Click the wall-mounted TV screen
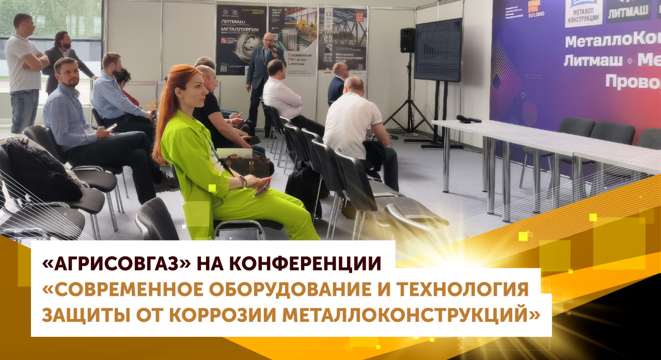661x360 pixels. pyautogui.click(x=438, y=50)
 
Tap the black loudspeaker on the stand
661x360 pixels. pyautogui.click(x=407, y=40)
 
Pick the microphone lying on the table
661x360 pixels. pyautogui.click(x=468, y=119)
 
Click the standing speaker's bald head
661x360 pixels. pyautogui.click(x=268, y=39)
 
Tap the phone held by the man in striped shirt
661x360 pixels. pyautogui.click(x=111, y=127)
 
